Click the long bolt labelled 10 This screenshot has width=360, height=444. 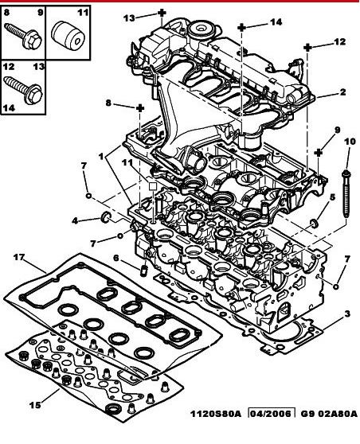coord(346,193)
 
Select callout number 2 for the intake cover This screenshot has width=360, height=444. coord(342,92)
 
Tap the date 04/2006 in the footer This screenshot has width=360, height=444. coord(271,414)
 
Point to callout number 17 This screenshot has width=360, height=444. coord(19,257)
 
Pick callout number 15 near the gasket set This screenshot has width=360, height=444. coord(35,405)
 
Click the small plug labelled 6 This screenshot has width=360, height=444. coord(144,271)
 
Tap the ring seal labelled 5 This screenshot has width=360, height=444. coord(314,223)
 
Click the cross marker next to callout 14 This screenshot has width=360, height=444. coord(241,28)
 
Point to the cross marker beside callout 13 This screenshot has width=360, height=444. coord(162,13)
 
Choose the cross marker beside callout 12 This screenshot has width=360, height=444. coord(307,47)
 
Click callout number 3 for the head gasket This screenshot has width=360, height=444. coord(347,314)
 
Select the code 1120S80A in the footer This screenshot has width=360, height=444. coord(215,414)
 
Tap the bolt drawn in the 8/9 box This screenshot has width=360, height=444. coord(23,37)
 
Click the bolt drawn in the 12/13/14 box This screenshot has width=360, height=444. coord(23,90)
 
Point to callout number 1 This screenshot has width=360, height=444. coord(101,156)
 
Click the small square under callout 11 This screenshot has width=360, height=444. coord(153,186)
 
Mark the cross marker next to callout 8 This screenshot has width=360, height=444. coord(140,108)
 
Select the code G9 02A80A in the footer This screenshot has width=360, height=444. coord(329,414)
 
